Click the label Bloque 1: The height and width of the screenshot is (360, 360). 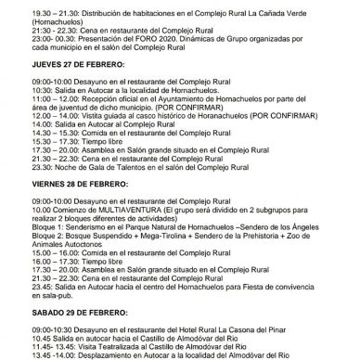pyautogui.click(x=23, y=227)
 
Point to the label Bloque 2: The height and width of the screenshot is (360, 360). pyautogui.click(x=23, y=237)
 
